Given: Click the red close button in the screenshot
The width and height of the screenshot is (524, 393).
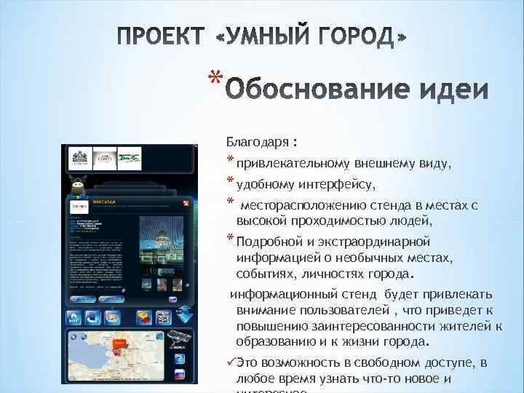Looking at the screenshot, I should tap(186, 203).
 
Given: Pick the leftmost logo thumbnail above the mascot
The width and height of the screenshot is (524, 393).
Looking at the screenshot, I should tap(79, 158).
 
